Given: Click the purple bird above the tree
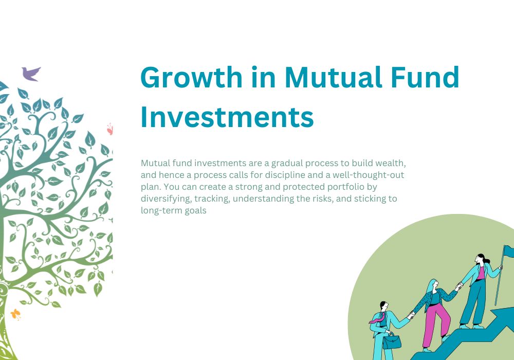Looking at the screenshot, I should click(x=30, y=74).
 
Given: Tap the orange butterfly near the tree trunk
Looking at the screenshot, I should click(x=16, y=314).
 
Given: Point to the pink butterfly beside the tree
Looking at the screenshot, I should click(x=109, y=129).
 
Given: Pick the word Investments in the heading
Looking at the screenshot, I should click(x=227, y=117).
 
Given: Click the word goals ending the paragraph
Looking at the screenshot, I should click(x=195, y=210).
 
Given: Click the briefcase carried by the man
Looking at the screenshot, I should click(x=391, y=340).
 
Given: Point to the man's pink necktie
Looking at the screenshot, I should click(x=377, y=319).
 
